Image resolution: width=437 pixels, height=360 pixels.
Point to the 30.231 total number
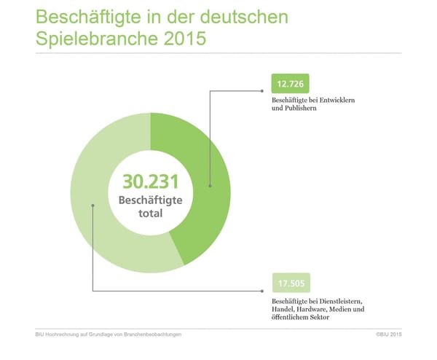coord(151,181)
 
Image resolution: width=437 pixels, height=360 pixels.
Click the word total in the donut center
coord(151,214)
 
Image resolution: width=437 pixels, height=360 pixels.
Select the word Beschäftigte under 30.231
coord(151,200)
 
